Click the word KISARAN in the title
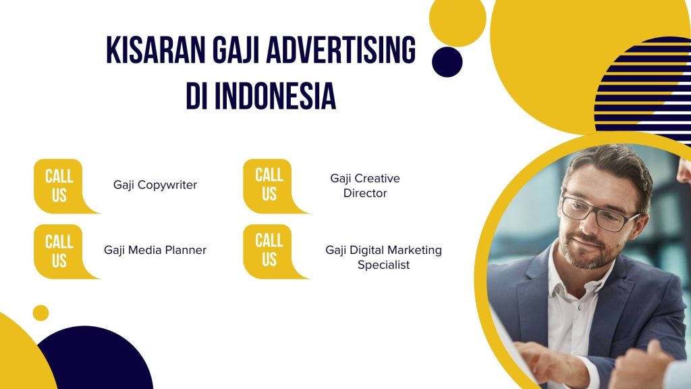tap(156, 50)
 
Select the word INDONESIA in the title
tap(275, 96)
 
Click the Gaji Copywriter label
tap(155, 185)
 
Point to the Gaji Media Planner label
tap(155, 250)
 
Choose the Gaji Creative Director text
tap(365, 186)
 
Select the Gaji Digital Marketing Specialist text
tap(383, 257)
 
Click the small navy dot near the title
tap(447, 61)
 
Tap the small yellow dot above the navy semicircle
tap(40, 313)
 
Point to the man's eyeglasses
tap(599, 213)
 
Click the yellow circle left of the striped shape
tap(458, 18)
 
